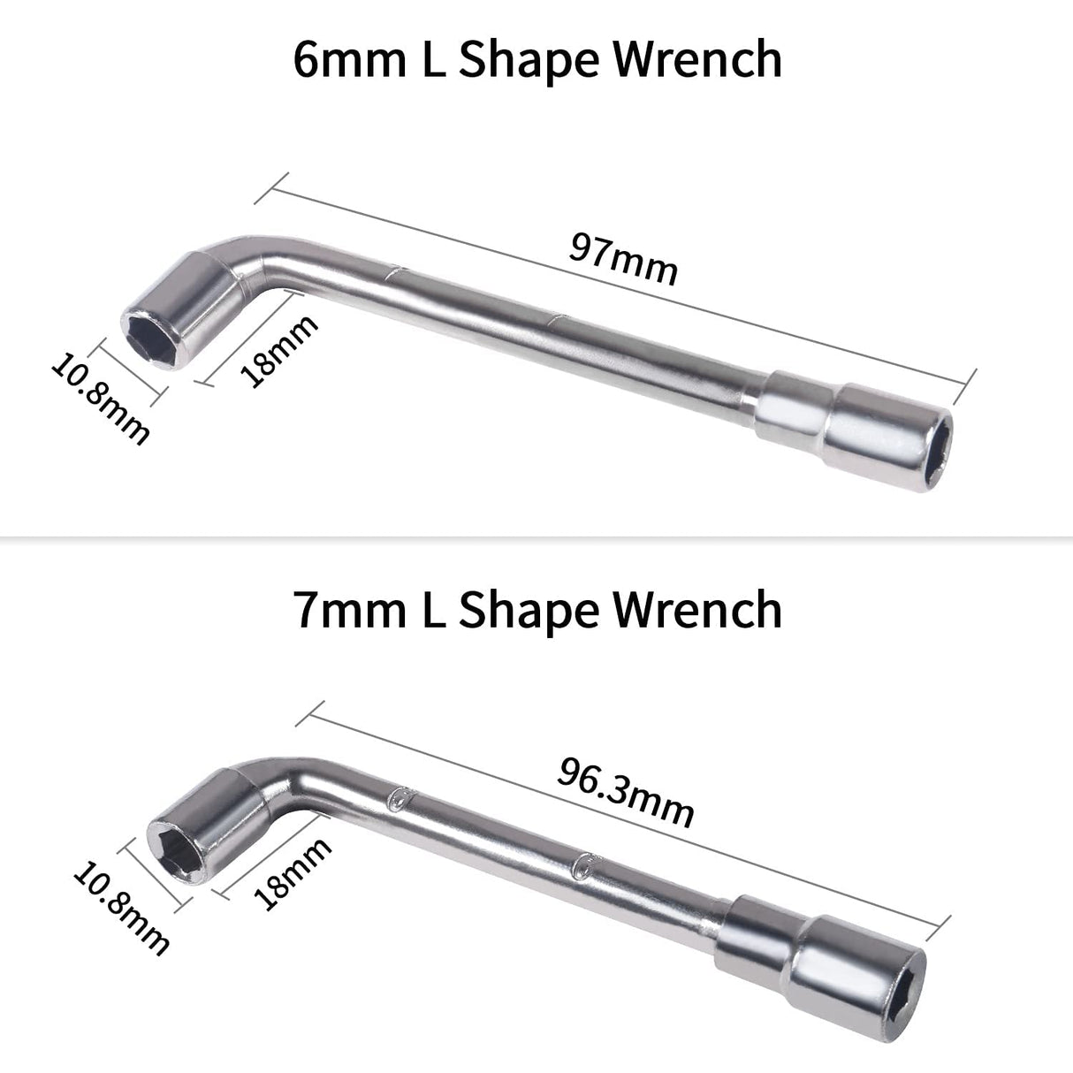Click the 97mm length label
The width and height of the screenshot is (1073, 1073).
(623, 259)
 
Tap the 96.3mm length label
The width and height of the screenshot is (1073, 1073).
(626, 795)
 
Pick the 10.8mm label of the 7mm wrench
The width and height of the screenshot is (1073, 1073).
(121, 911)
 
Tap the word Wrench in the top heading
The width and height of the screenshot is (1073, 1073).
(698, 60)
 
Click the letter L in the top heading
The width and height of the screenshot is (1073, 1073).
(422, 60)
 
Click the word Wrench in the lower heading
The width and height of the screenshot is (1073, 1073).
(698, 610)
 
